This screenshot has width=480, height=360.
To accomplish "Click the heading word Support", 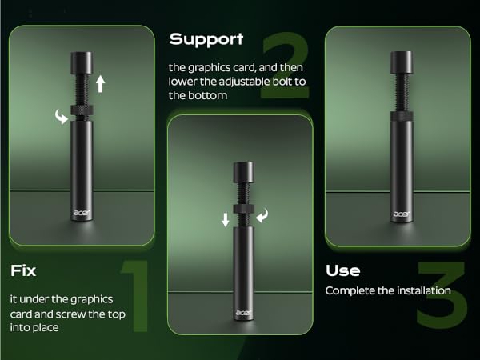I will click(206, 38).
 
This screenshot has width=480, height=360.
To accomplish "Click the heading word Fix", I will click(23, 270).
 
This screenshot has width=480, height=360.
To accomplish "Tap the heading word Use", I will click(342, 270).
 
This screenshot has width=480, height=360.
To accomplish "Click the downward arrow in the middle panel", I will click(225, 219).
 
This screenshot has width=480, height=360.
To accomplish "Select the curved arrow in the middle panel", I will click(263, 214).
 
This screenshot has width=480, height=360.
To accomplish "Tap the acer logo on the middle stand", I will click(242, 314).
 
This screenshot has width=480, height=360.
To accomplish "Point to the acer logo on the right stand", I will click(401, 214).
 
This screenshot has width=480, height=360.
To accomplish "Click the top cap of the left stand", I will click(80, 62).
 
